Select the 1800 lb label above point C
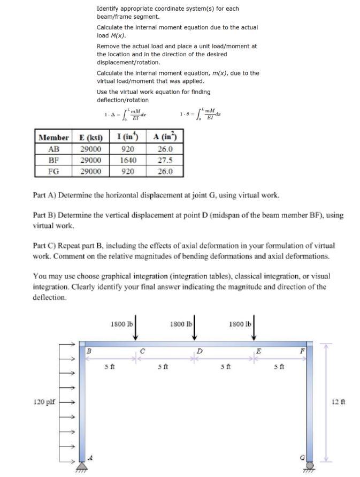click(x=121, y=324)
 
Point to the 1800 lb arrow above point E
click(x=254, y=328)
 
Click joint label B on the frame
click(x=89, y=352)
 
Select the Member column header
click(x=54, y=137)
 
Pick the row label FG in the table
click(x=54, y=171)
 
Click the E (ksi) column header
click(x=91, y=137)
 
